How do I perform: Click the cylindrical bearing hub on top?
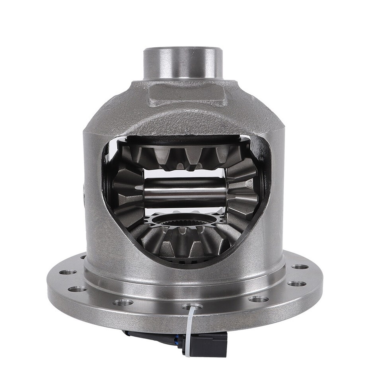pos(183,64)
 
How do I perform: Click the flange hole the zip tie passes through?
pos(192,306)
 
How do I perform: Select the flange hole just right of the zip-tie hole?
pos(259,299)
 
